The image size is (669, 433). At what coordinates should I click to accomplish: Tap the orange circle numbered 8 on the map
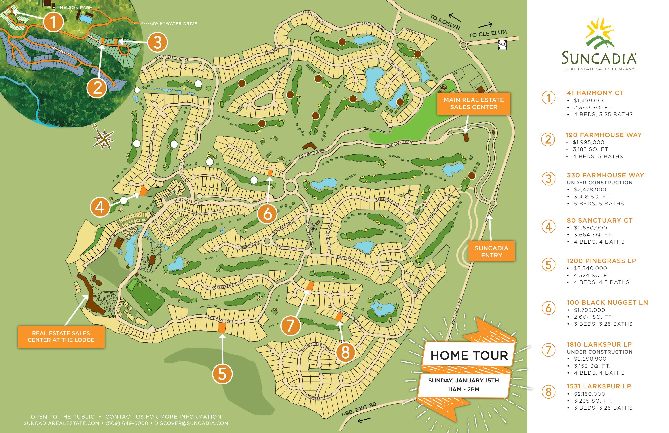click(x=345, y=352)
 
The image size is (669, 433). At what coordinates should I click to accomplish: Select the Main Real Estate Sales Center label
click(x=473, y=104)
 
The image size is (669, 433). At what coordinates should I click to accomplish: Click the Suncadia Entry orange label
click(x=491, y=251)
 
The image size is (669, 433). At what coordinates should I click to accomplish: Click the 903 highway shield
click(x=502, y=45)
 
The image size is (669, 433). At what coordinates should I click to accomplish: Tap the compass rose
click(x=104, y=139)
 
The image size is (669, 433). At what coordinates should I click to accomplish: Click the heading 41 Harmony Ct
click(x=595, y=93)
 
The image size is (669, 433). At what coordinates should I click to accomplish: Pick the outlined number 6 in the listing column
click(x=548, y=308)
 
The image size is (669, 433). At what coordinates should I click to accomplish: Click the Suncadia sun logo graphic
click(x=599, y=34)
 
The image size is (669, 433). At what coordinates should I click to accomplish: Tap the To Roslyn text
click(x=445, y=22)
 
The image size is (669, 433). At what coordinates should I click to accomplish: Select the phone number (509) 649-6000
click(x=127, y=423)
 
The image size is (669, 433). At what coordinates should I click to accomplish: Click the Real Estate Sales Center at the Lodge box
click(x=61, y=337)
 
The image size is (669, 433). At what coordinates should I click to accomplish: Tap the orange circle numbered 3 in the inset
click(x=157, y=42)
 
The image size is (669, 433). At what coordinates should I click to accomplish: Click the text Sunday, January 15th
click(x=463, y=380)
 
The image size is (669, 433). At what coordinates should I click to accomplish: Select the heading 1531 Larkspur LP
click(x=599, y=386)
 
